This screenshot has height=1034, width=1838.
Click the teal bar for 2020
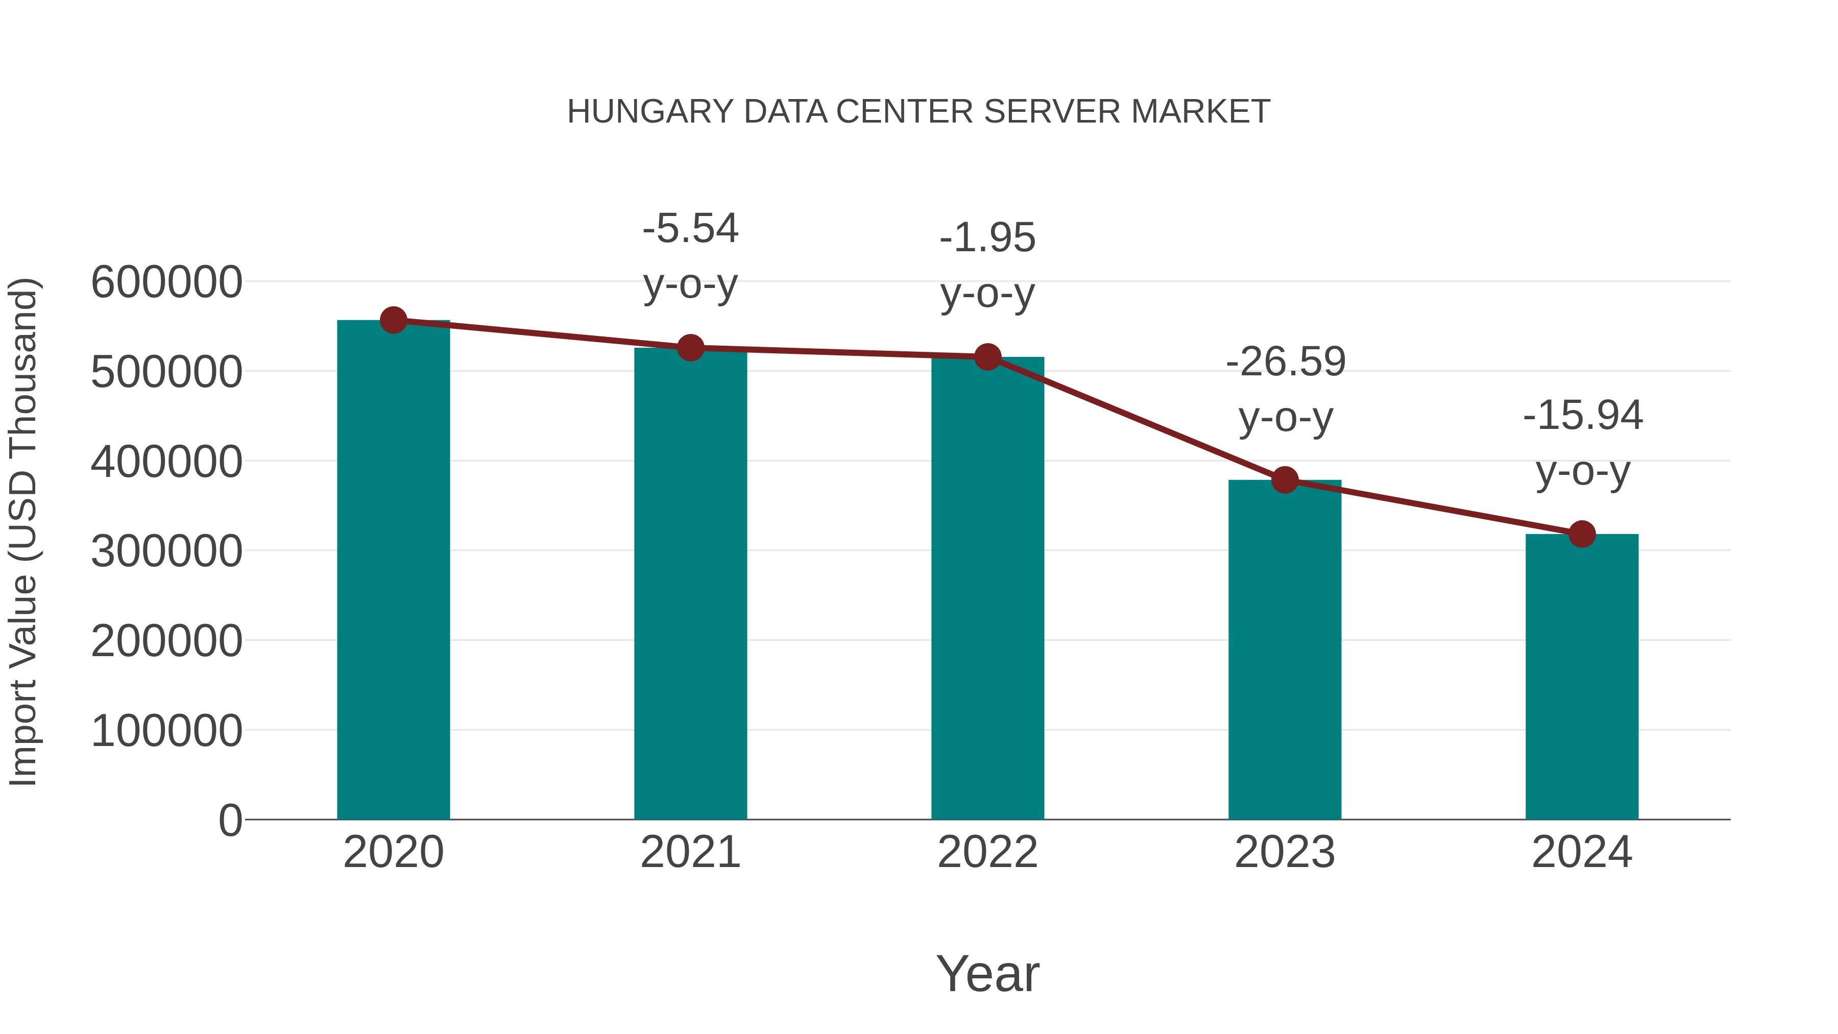pos(393,571)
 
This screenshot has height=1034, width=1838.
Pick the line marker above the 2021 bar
pos(690,348)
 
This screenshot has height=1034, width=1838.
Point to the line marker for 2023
pos(1285,480)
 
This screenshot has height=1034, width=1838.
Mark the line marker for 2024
pos(1582,534)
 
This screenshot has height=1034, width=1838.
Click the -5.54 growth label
pos(690,229)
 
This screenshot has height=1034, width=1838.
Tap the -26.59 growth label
pos(1285,362)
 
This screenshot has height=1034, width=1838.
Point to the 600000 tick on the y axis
pos(166,282)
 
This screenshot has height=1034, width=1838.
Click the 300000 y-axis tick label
pos(166,551)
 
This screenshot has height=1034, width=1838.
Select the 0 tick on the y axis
pos(230,820)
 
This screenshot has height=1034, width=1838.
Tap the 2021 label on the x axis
pos(690,852)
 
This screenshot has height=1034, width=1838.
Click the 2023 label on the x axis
pos(1285,852)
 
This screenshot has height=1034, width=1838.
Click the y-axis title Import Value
pos(23,532)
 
